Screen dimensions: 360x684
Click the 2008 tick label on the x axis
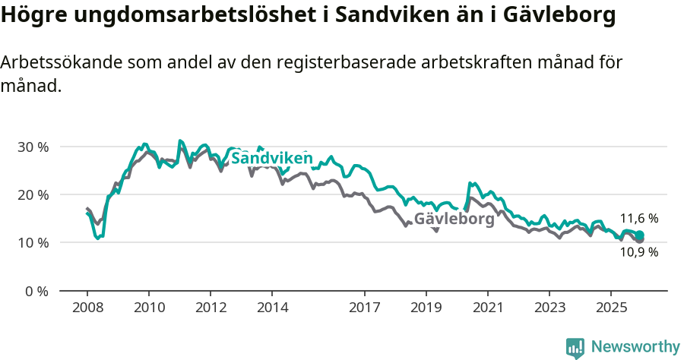coord(87,308)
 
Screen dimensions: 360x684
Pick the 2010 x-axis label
coord(148,308)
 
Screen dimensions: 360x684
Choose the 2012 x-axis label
coord(211,308)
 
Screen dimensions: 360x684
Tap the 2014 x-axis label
coord(272,308)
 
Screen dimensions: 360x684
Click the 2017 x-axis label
coord(365,308)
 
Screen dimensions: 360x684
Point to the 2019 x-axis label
coord(426,308)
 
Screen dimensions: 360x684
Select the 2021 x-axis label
coord(488,308)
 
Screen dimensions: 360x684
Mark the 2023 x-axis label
coord(549,308)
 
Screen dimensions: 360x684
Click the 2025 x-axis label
coord(612,308)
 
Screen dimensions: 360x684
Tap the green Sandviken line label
coord(271,158)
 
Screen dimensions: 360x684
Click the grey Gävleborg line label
coord(454,219)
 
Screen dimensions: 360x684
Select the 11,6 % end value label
coord(638,219)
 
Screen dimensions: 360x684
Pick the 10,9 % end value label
coord(638,252)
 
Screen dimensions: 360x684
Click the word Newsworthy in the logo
coord(635,347)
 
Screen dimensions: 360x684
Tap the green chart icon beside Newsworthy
coord(575,348)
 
